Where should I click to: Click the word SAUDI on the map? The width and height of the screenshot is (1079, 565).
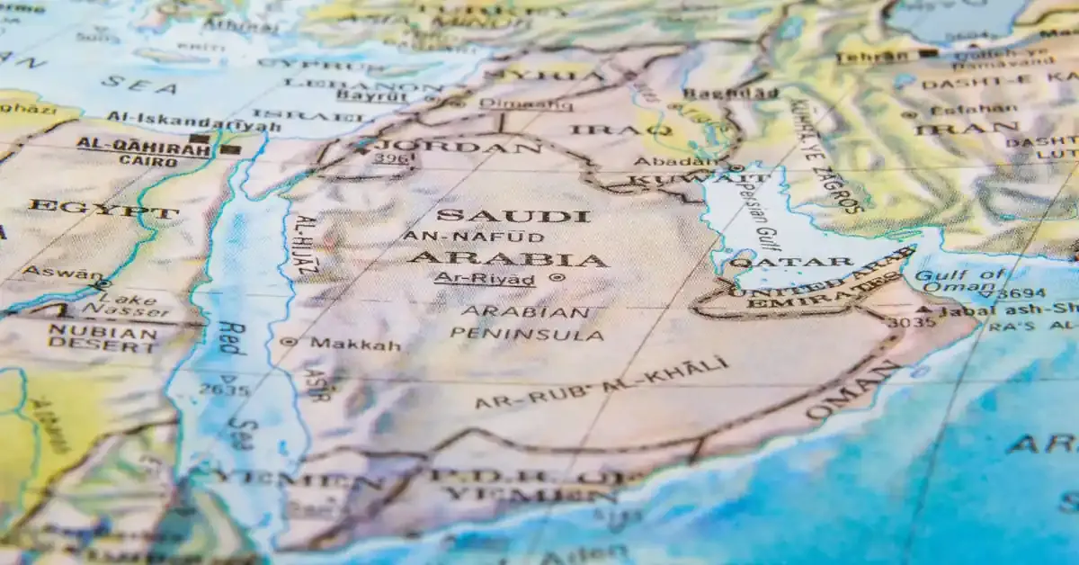513,216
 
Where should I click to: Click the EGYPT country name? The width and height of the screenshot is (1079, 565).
103,211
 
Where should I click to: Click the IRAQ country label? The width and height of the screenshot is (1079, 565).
620,130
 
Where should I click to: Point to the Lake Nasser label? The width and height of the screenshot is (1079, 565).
126,303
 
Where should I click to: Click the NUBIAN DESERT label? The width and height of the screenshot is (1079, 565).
103,339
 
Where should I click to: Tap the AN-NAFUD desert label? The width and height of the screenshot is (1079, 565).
473,237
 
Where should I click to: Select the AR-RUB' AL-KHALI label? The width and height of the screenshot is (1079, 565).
601,383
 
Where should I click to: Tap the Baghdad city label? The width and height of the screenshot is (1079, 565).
730,94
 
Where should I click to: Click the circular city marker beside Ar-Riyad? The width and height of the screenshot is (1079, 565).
556,278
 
